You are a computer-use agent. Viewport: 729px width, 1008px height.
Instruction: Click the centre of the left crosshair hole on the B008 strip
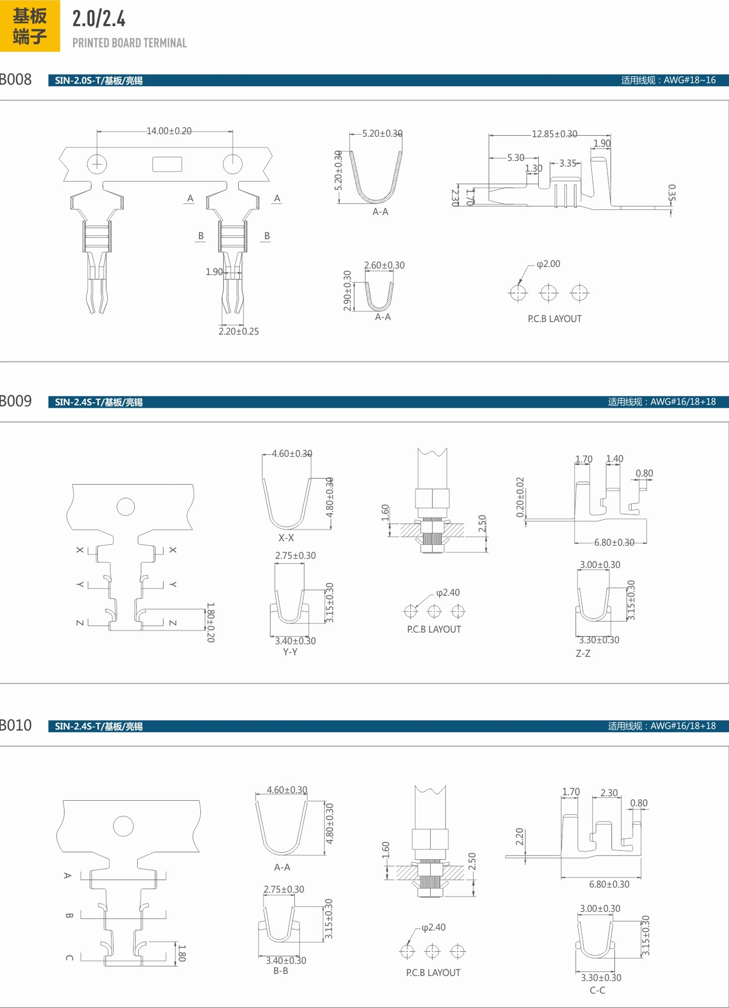(x=97, y=164)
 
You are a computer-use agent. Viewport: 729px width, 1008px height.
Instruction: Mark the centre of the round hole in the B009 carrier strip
(x=126, y=506)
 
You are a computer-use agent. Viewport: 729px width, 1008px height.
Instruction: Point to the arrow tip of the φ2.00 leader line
(x=519, y=284)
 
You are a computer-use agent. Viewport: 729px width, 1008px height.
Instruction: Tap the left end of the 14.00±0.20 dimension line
(x=97, y=131)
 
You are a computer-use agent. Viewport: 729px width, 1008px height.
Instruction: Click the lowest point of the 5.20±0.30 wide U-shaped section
(x=376, y=202)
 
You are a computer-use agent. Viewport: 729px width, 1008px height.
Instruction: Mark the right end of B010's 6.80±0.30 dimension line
(x=641, y=877)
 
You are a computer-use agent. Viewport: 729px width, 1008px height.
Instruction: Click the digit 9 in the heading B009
(x=27, y=401)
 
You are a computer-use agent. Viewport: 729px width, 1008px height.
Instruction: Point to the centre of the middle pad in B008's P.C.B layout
(x=549, y=292)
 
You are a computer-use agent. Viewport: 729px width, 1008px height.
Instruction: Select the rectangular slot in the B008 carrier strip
(x=167, y=164)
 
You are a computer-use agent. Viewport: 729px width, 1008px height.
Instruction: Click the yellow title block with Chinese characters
(x=30, y=26)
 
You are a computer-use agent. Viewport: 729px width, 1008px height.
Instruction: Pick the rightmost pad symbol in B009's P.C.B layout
(x=458, y=611)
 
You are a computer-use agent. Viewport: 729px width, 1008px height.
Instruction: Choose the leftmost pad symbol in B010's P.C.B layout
(x=408, y=951)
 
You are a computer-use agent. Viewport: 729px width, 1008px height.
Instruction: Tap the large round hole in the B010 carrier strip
(x=124, y=826)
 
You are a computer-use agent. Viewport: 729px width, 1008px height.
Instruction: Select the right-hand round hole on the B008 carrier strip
(x=232, y=164)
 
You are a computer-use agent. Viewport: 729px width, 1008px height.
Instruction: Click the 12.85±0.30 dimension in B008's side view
(x=554, y=134)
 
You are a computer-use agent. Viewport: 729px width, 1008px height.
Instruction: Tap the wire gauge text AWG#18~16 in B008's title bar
(x=690, y=80)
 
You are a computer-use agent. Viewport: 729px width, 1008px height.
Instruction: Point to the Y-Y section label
(x=290, y=652)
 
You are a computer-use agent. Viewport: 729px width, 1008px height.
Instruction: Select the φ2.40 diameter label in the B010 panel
(x=434, y=927)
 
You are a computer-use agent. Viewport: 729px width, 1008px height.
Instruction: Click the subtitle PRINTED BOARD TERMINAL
(x=129, y=43)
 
